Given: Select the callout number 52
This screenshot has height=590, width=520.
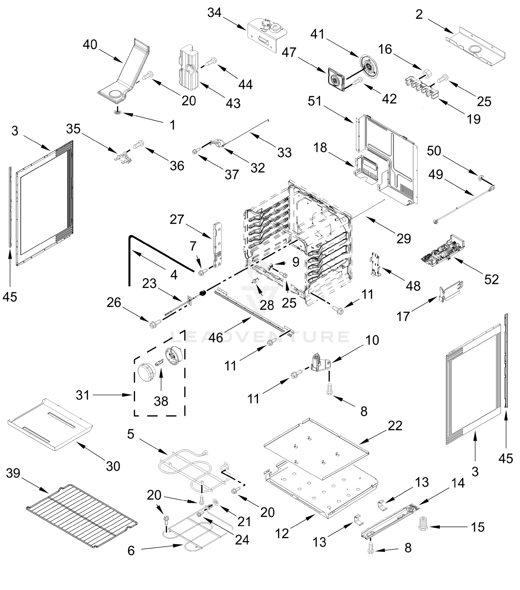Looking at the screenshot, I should [491, 280].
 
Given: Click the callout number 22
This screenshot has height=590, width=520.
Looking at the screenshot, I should [394, 426].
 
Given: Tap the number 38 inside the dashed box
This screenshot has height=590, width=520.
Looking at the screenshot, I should [161, 401].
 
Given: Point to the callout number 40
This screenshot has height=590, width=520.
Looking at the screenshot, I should [90, 45].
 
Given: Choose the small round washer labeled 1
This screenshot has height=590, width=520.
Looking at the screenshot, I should [117, 112].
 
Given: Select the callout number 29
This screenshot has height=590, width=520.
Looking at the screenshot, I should [404, 238].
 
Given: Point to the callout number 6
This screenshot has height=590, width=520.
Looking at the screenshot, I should [131, 550].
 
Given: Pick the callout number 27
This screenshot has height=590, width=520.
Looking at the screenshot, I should [177, 219].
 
